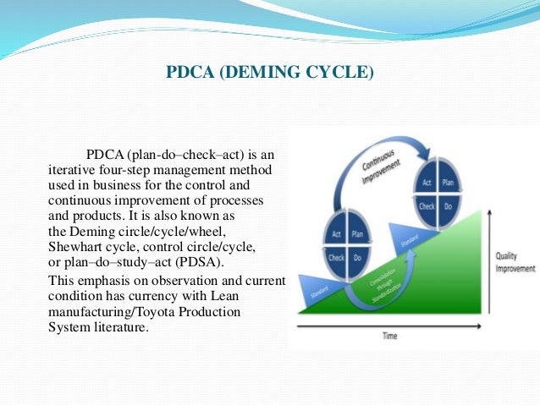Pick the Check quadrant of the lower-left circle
[x=335, y=257]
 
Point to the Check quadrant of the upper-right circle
[x=427, y=205]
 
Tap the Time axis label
[x=389, y=337]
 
